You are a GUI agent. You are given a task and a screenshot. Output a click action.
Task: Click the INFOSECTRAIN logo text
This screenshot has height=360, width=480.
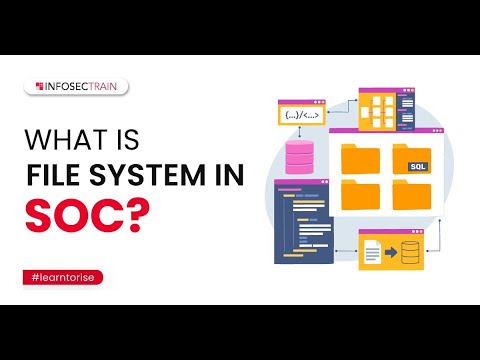click(x=84, y=87)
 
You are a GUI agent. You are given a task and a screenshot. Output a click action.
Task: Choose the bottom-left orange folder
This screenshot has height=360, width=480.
click(x=360, y=195)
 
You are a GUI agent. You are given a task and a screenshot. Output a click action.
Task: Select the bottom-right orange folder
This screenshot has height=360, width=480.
click(x=411, y=195)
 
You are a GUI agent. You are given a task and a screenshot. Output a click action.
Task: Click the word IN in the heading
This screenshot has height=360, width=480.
click(x=226, y=178)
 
